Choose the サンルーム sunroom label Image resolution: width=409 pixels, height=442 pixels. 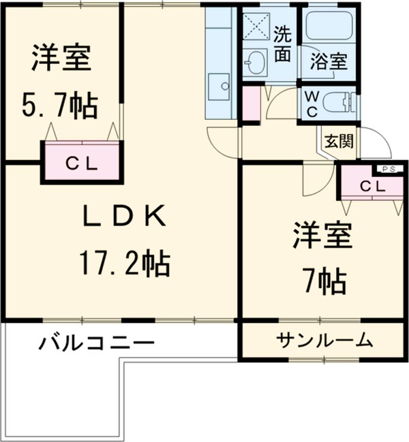click(324, 338)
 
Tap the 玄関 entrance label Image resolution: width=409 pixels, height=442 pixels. click(339, 142)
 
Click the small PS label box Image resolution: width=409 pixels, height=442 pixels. click(389, 170)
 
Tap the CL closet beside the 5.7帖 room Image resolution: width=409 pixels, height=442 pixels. click(82, 163)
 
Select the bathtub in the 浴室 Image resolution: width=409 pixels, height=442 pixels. click(329, 27)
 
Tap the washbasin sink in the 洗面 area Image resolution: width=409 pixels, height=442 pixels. click(257, 63)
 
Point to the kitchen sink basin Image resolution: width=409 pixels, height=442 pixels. click(221, 85)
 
